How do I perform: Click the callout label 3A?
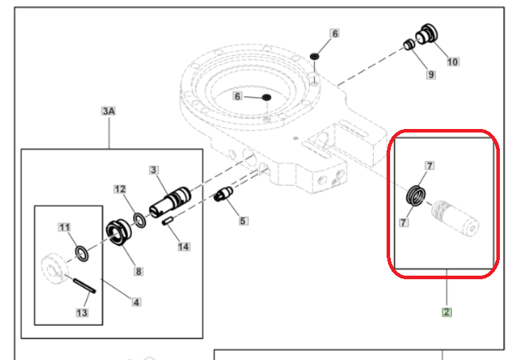[x=108, y=111]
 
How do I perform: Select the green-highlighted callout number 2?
[x=447, y=312]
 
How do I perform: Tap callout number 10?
[x=452, y=62]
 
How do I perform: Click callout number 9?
[x=430, y=74]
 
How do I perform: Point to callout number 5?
[x=243, y=221]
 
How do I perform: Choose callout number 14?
[x=183, y=247]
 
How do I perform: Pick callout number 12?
[x=120, y=189]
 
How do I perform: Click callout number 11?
[x=64, y=227]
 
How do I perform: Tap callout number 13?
[x=81, y=313]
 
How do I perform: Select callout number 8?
[x=138, y=271]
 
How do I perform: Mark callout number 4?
[x=136, y=302]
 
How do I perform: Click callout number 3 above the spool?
[x=154, y=170]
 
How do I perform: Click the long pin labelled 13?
[x=84, y=286]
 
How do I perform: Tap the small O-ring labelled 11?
[x=81, y=254]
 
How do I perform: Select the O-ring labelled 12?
[x=139, y=220]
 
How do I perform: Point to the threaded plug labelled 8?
[x=118, y=232]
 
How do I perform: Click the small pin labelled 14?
[x=168, y=221]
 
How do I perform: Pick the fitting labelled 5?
[x=224, y=194]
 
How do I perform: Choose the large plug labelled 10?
[x=427, y=34]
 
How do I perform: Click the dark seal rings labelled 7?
[x=416, y=196]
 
